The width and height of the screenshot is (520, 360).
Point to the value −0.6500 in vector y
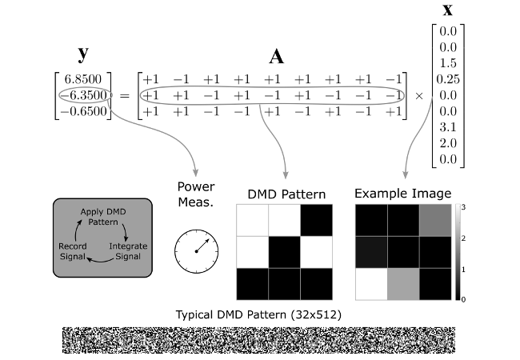pyautogui.click(x=86, y=111)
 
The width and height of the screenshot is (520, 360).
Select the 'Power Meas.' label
pyautogui.click(x=198, y=196)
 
